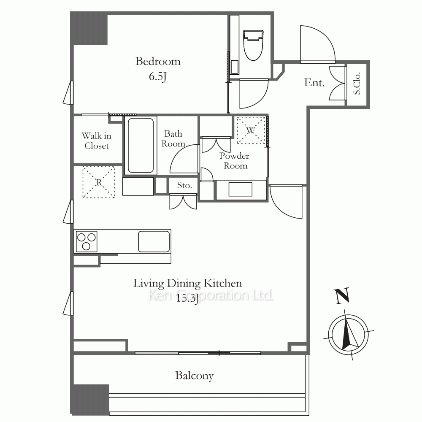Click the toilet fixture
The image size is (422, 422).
(x=253, y=45)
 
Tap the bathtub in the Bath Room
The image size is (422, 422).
(x=141, y=146)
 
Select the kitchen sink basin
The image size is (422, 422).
(x=154, y=241)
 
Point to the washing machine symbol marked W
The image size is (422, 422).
(x=251, y=130)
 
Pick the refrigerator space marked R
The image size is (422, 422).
(x=98, y=182)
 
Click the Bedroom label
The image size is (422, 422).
(x=158, y=61)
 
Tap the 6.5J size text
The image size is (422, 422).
(x=158, y=76)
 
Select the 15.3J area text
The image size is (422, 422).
(x=187, y=298)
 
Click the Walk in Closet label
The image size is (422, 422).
(x=97, y=141)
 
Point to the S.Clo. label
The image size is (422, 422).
(x=357, y=84)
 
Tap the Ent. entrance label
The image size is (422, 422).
(x=314, y=83)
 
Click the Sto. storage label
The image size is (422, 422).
(x=184, y=185)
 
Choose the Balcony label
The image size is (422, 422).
(x=194, y=376)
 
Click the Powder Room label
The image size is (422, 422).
(x=234, y=160)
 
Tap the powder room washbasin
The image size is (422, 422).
(x=241, y=189)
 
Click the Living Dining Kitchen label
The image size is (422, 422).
(x=188, y=283)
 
